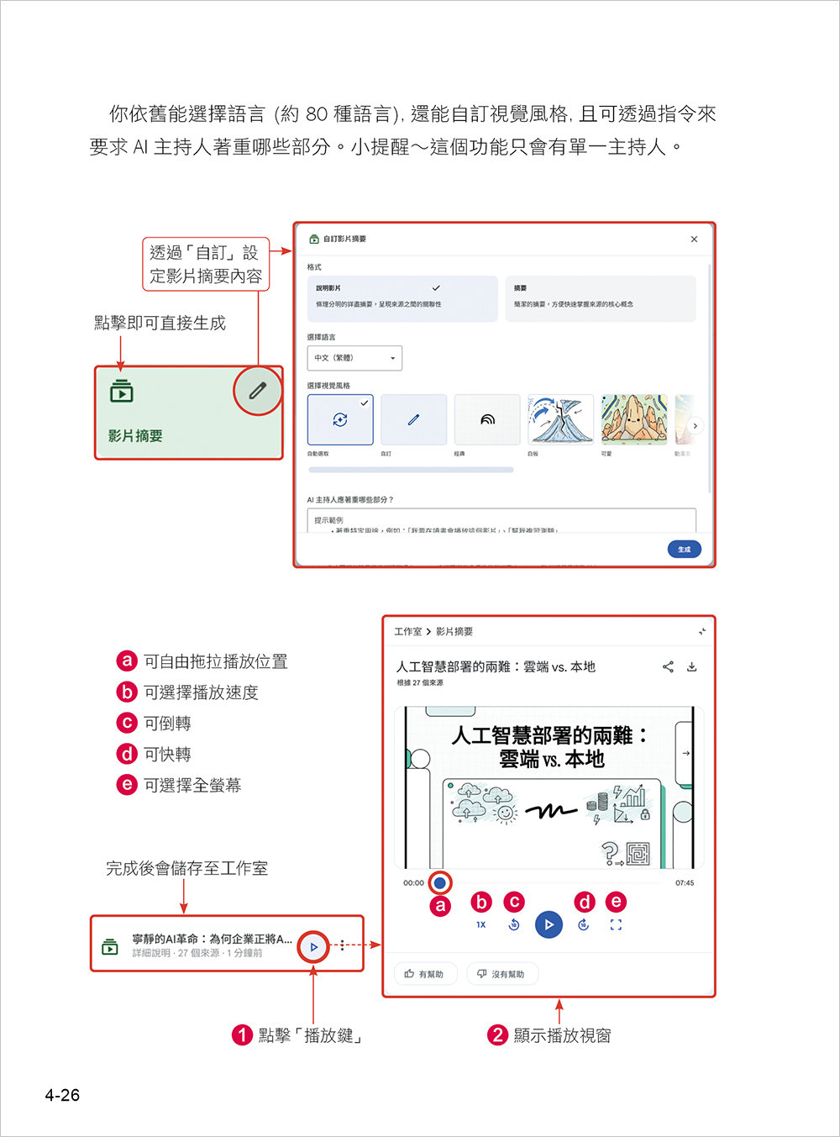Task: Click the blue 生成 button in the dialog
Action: [x=684, y=550]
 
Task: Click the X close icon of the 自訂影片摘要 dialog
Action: [x=694, y=240]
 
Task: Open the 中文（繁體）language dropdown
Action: [x=354, y=358]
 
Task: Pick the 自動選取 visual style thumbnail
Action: [x=340, y=419]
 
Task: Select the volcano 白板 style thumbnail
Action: [x=560, y=419]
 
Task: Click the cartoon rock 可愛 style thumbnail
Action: [x=633, y=419]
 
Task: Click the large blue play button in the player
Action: [x=549, y=924]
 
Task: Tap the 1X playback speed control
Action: [x=481, y=924]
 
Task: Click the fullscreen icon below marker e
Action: [x=616, y=924]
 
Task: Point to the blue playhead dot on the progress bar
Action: [x=439, y=883]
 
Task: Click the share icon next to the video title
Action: [x=668, y=667]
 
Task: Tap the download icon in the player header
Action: [x=692, y=667]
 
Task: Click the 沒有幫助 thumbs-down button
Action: [x=501, y=974]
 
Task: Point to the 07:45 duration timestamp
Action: [x=685, y=883]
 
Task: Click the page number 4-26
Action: [x=62, y=1095]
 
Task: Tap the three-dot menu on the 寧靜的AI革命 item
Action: [x=342, y=945]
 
